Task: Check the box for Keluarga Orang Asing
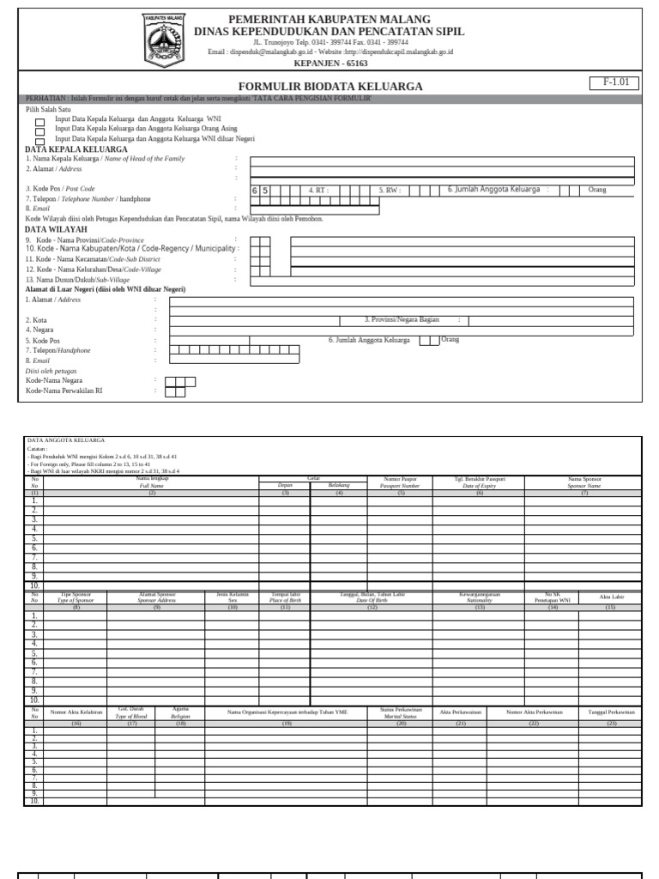[40, 130]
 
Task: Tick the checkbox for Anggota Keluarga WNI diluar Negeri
[40, 140]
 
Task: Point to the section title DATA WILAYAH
[56, 230]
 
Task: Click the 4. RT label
[318, 191]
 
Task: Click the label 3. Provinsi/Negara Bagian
[402, 319]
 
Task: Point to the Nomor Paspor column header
[399, 482]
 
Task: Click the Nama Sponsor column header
[584, 482]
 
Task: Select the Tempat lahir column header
[284, 597]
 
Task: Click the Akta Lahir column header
[610, 597]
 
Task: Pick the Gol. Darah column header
[131, 712]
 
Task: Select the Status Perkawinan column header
[400, 712]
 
